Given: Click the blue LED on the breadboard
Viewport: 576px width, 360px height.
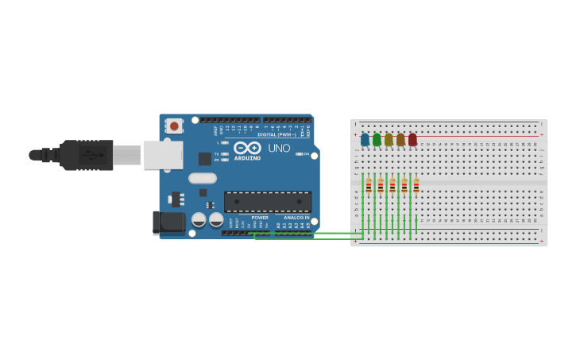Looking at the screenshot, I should coord(365,140).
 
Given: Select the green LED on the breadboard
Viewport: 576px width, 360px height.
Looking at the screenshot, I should coord(377,140).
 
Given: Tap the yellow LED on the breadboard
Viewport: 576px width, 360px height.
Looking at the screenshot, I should coord(389,140).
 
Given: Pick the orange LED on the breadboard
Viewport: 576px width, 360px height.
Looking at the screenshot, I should coord(400,140).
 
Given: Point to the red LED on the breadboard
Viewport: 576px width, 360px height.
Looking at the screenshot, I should coord(412,140).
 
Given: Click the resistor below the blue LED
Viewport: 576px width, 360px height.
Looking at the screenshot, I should coord(369,186).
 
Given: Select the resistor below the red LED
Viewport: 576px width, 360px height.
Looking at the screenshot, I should coord(416,186).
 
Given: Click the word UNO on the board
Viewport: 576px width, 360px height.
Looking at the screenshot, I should coord(279,149).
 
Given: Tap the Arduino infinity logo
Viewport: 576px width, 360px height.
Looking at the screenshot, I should coord(247,148).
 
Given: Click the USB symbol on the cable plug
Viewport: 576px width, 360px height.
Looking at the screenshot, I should coord(94,155).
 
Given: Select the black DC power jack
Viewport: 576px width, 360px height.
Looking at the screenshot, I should coord(168,222).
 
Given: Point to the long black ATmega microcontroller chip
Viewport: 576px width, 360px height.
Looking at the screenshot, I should coord(267,202).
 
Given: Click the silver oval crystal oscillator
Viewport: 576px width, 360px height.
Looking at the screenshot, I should coord(203,178).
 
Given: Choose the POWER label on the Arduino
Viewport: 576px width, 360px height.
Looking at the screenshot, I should coord(260,218).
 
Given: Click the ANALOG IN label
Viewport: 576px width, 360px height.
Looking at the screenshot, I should coord(296,218).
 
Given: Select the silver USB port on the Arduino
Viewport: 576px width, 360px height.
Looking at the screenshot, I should coord(163,155).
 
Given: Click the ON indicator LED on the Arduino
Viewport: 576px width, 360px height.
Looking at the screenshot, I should coord(299,154).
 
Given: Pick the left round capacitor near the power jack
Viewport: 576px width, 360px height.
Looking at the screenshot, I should coord(199,219).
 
